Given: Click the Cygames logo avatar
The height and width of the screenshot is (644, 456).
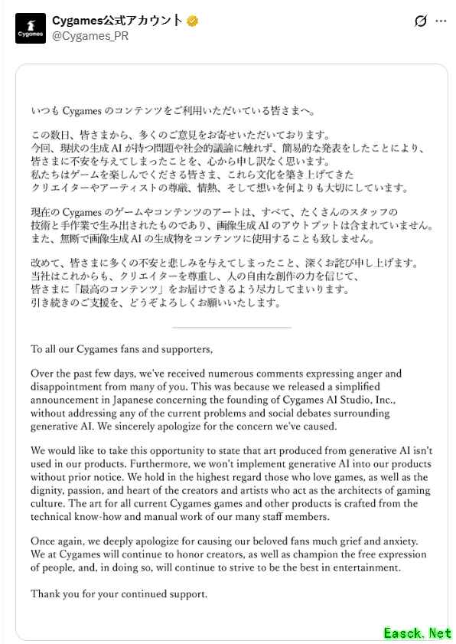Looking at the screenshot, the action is [x=31, y=28].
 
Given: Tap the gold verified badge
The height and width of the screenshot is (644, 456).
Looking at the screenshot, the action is [x=193, y=21].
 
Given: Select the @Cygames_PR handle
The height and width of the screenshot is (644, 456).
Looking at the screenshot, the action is [x=90, y=36].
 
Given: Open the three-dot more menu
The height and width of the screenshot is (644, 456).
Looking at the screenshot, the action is [x=441, y=21].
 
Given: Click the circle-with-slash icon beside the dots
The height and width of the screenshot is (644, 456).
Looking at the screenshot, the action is [x=420, y=21].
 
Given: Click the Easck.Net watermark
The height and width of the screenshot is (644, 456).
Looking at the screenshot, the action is [x=418, y=633].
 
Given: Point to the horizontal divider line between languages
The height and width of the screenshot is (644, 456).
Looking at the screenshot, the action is [x=232, y=327].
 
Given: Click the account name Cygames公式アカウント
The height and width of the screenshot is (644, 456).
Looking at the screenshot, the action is [x=118, y=21].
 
